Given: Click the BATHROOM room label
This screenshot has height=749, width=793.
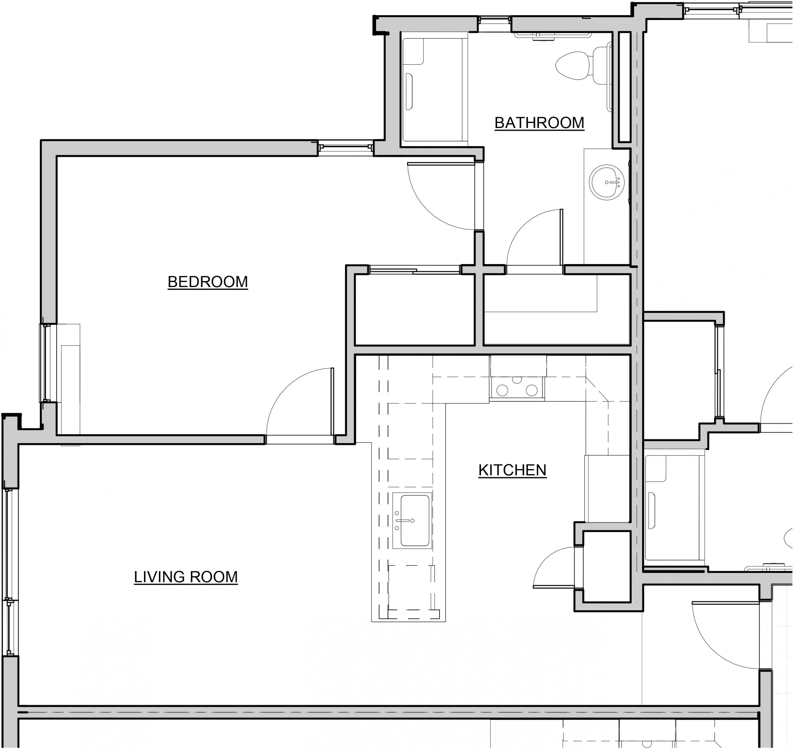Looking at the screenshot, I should coord(539,123).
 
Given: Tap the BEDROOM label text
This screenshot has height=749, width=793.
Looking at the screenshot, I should coord(208,282).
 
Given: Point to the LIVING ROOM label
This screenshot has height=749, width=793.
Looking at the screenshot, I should coord(186,577).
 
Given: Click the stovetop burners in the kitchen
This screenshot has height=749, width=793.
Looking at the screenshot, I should coord(517,389).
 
